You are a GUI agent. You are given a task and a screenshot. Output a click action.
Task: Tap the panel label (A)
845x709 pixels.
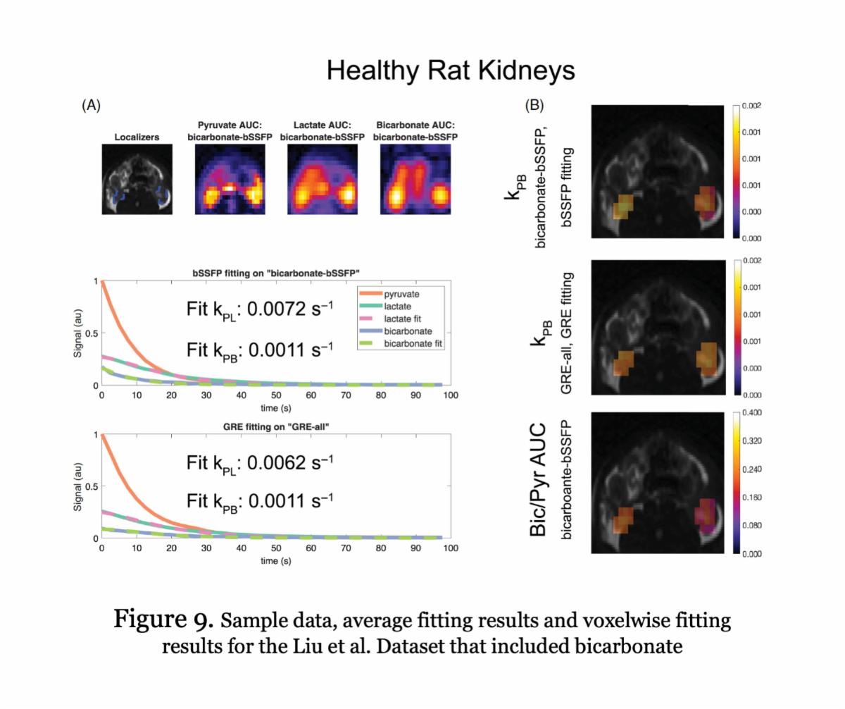92,106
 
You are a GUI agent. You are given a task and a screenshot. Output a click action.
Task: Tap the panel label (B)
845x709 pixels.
535,106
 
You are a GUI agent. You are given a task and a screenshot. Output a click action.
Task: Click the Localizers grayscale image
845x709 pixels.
137,179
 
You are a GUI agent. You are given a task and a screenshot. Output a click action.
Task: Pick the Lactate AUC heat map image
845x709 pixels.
322,179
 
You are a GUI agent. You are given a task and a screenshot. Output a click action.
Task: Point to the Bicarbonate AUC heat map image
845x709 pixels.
415,179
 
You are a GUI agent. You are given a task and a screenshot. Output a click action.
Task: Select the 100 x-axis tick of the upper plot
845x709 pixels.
451,395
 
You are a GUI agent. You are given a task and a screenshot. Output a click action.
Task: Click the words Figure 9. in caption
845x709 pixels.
163,620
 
